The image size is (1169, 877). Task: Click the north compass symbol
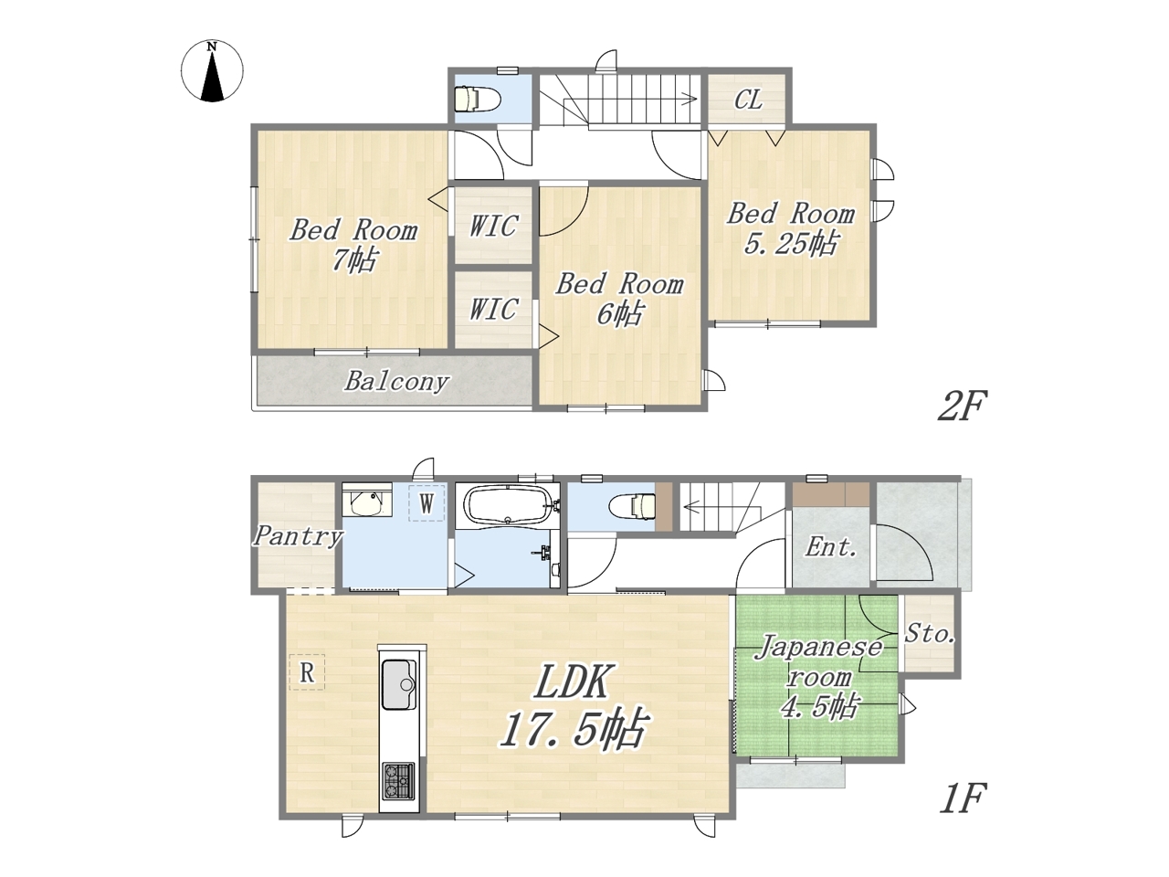[x=212, y=70]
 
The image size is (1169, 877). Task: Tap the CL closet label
[x=748, y=100]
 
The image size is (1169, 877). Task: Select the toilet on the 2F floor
[x=477, y=99]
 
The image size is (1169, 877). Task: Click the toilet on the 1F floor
[x=633, y=506]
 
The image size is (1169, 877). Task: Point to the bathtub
[x=508, y=506]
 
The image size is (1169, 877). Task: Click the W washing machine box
[x=427, y=502]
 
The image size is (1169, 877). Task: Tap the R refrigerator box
[x=307, y=672]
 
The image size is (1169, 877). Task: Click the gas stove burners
[x=398, y=782]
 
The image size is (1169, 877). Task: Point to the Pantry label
[x=297, y=536]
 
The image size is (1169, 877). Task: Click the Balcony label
[x=396, y=381]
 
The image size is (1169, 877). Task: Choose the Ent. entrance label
[x=830, y=547]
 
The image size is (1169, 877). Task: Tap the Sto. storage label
[x=929, y=634]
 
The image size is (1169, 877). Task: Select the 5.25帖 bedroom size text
[x=790, y=244]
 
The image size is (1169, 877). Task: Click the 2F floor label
[x=963, y=406]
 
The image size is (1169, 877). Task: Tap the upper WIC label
[x=493, y=226]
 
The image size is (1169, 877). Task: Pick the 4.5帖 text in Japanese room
[x=818, y=707]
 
